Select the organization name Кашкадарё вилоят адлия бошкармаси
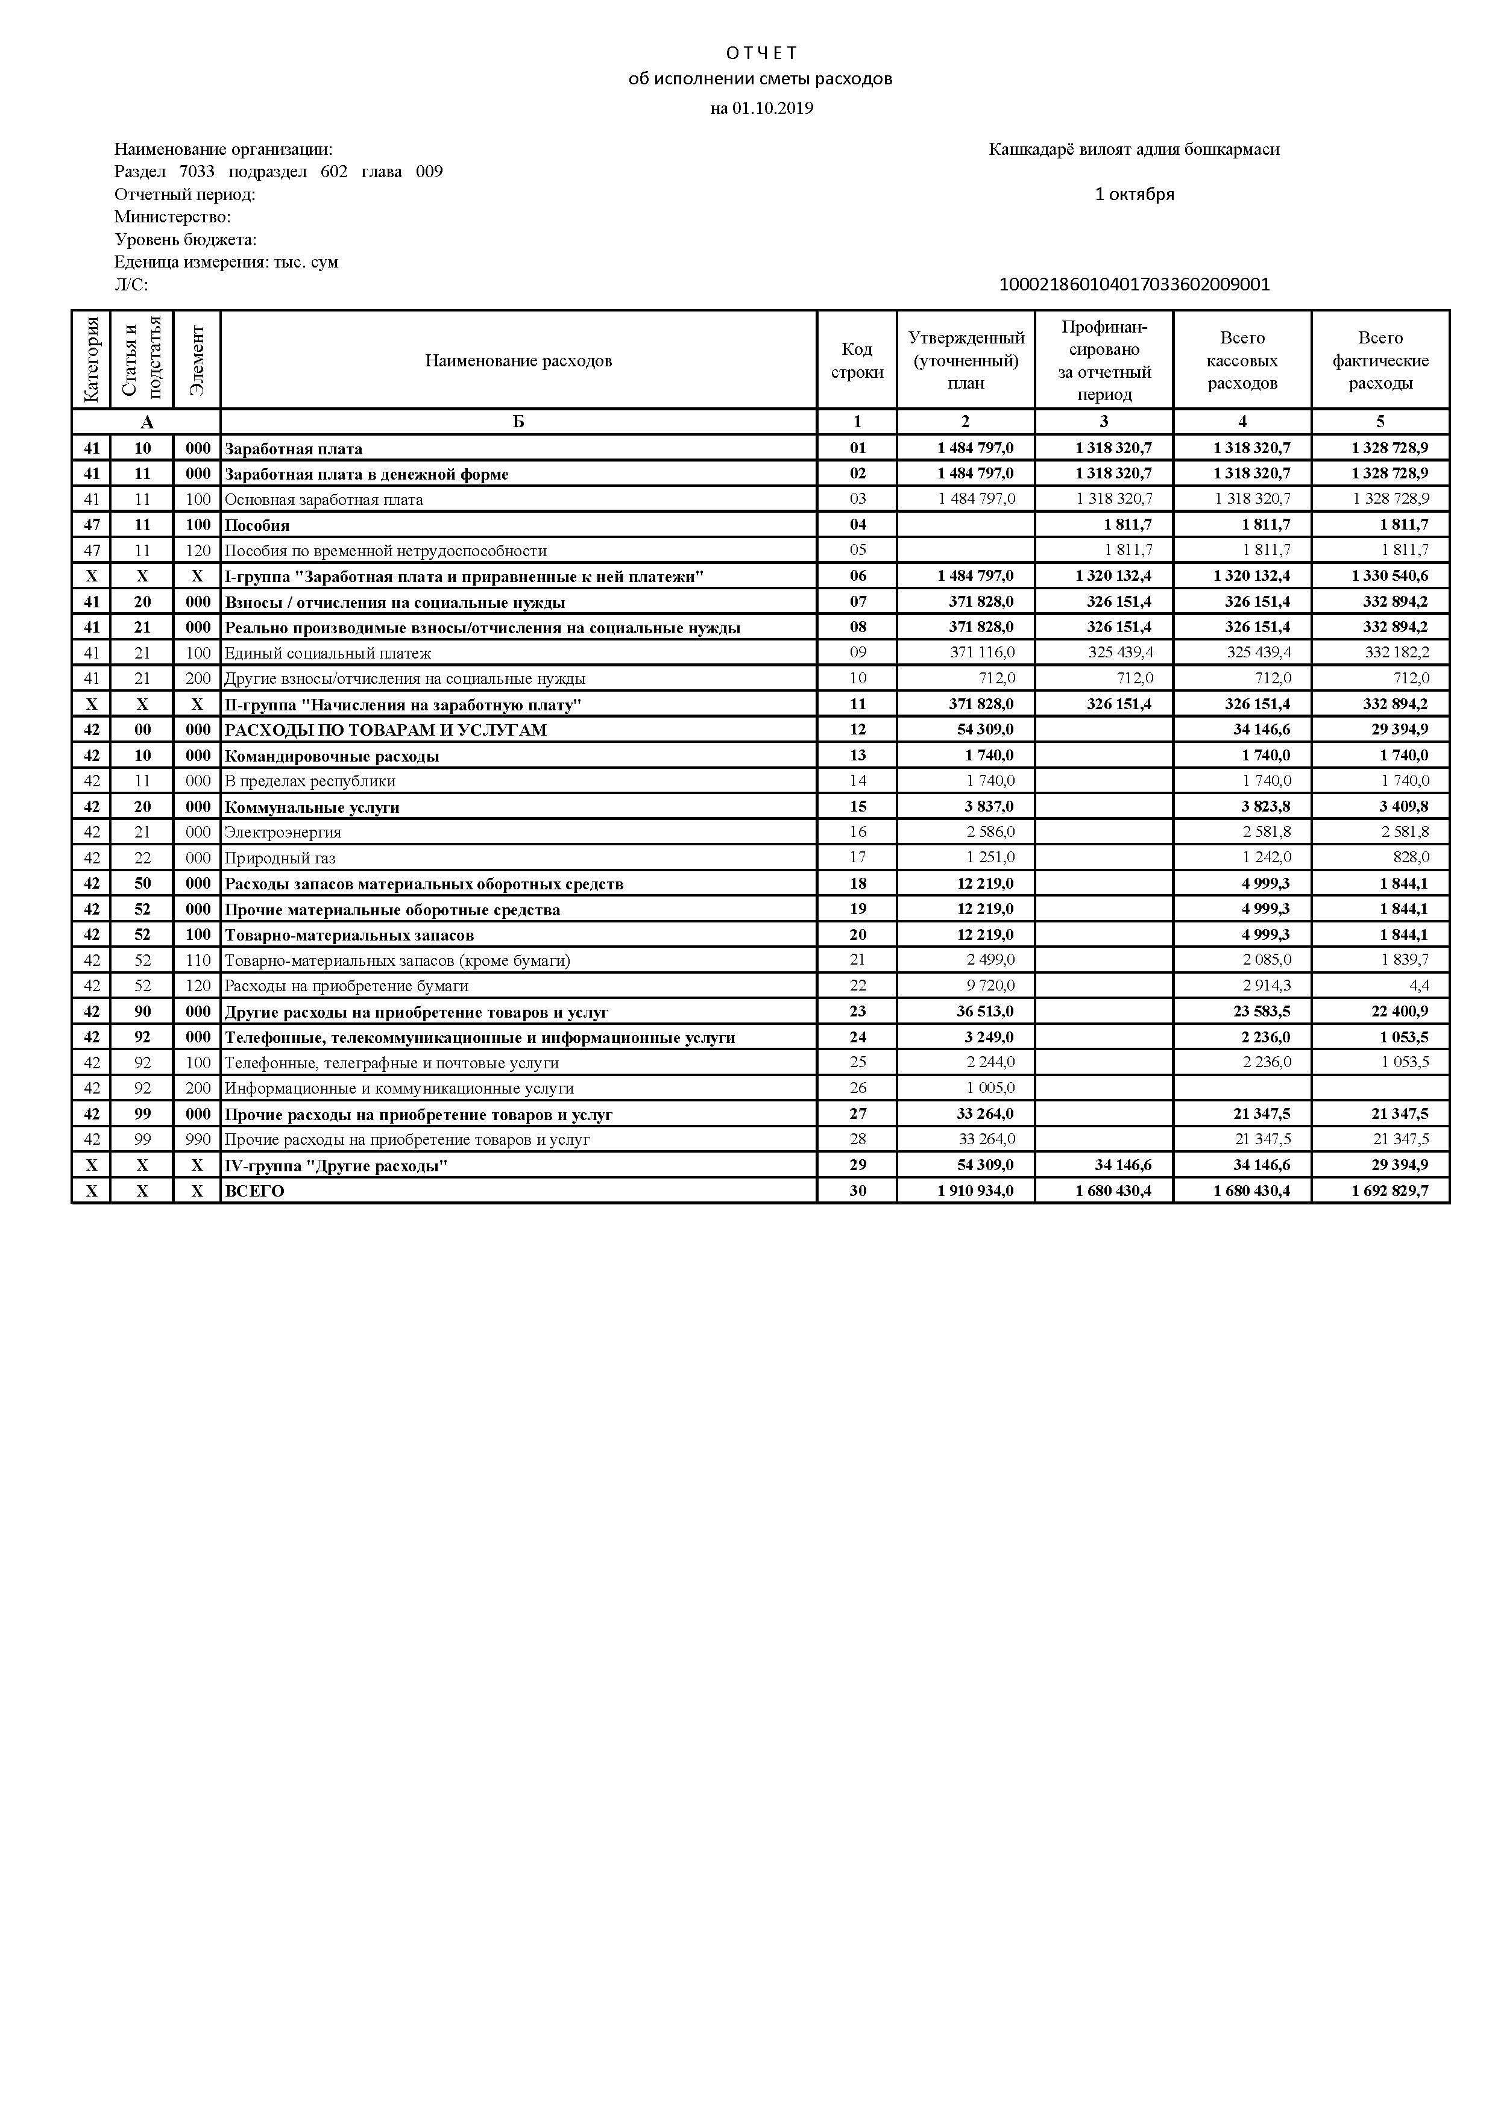pyautogui.click(x=1133, y=149)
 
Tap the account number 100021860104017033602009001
pyautogui.click(x=1134, y=284)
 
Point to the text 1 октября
pyautogui.click(x=1134, y=194)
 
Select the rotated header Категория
pyautogui.click(x=91, y=359)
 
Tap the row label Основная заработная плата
pyautogui.click(x=324, y=499)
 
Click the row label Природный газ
pyautogui.click(x=280, y=858)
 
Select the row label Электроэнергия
pyautogui.click(x=283, y=832)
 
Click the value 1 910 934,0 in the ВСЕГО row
pyautogui.click(x=975, y=1191)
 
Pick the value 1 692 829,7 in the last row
pyautogui.click(x=1389, y=1191)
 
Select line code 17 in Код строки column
pyautogui.click(x=857, y=858)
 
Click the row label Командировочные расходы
pyautogui.click(x=332, y=757)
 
